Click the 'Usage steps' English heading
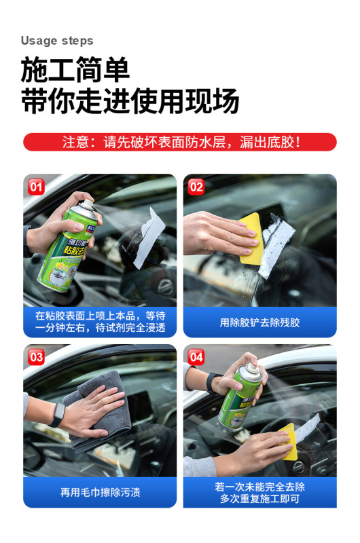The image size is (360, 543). tap(57, 41)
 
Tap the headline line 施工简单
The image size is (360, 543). tap(75, 71)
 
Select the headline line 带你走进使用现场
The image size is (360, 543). tap(130, 102)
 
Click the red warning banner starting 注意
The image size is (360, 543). tap(180, 143)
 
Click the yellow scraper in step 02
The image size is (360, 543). tap(249, 237)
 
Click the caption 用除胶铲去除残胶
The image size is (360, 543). tap(259, 322)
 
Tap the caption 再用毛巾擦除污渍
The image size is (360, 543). tap(100, 492)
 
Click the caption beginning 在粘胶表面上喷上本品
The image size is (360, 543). tap(100, 322)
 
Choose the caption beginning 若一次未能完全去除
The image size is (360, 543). tap(259, 492)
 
